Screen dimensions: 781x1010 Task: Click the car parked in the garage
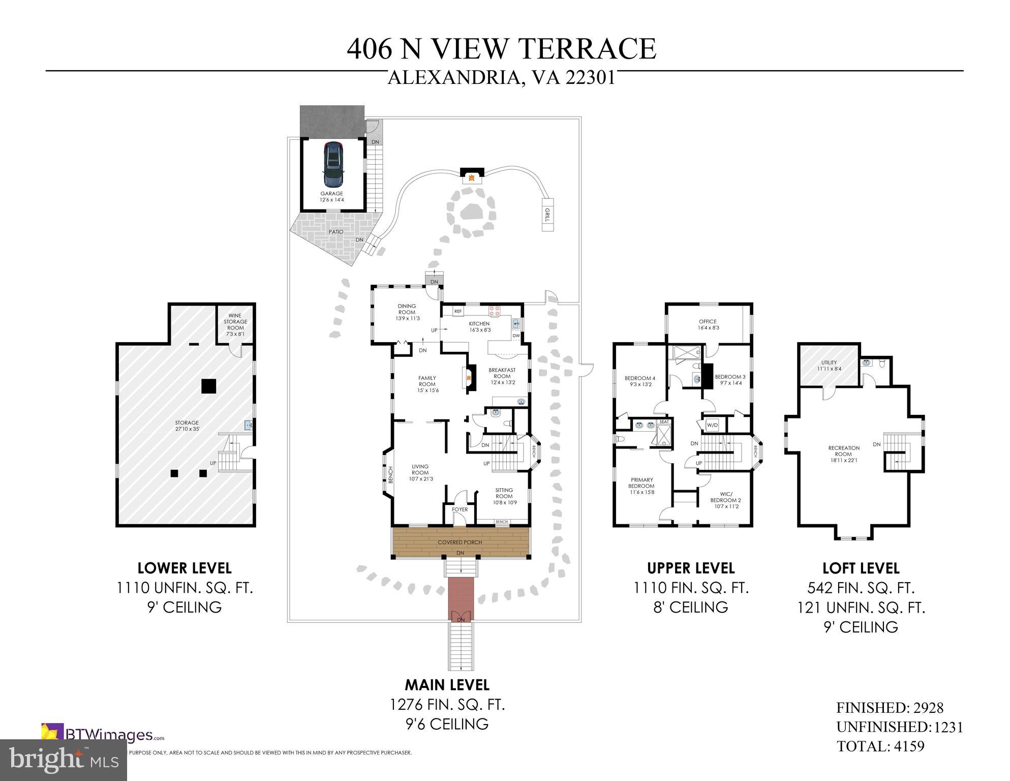point(333,164)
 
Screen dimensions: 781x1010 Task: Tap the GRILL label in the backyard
point(547,215)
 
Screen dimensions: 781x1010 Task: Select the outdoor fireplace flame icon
point(472,177)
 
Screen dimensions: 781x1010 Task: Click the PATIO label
point(335,232)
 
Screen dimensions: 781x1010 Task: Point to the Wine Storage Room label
point(235,322)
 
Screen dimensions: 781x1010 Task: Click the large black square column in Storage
point(209,386)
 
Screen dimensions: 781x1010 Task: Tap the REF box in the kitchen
point(457,311)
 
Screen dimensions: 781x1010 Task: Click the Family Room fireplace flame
point(469,377)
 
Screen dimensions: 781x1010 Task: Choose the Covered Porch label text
point(460,542)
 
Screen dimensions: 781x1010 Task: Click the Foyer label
point(460,509)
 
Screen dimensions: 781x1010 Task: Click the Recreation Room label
point(843,451)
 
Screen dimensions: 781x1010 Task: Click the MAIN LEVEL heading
point(447,685)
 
